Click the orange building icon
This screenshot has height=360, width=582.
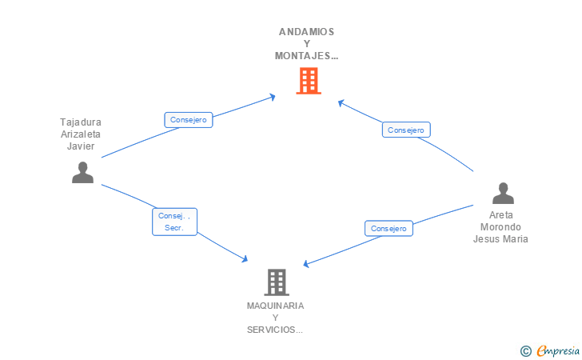coord(309,81)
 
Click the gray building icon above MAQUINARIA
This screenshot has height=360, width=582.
coord(277,282)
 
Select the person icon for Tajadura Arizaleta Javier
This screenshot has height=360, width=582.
coord(82,172)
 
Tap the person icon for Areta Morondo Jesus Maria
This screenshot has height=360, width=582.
coord(503,193)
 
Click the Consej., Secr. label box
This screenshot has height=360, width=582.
coord(174,222)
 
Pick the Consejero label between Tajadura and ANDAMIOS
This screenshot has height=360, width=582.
coord(189,120)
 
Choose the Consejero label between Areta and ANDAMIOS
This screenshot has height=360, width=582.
coord(406,130)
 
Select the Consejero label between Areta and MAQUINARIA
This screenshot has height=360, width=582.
coord(389,229)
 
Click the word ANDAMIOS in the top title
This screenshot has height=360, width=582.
coord(307,32)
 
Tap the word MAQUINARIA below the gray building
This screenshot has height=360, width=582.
coord(275,306)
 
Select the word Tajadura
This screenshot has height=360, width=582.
coord(81,122)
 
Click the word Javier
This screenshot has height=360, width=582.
coord(81,146)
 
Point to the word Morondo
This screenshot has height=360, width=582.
coord(500,226)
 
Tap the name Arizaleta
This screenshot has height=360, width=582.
coord(81,134)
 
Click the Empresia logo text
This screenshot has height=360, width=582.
coord(558,350)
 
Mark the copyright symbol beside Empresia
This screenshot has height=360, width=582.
coord(526,351)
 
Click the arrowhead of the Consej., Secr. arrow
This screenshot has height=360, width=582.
coord(245,258)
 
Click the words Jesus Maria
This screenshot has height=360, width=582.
coord(500,238)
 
